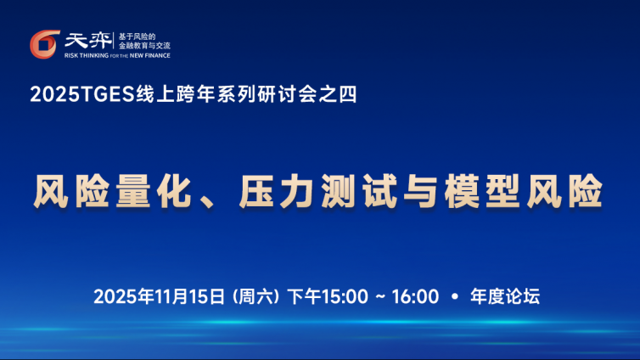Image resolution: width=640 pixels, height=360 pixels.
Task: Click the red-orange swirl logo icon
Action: click(44, 44)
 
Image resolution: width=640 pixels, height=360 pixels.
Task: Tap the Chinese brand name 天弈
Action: click(87, 41)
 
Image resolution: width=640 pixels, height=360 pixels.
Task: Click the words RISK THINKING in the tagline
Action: click(87, 55)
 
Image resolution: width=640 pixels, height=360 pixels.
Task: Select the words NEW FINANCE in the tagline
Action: click(149, 55)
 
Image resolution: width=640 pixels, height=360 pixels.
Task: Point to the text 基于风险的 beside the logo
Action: click(138, 37)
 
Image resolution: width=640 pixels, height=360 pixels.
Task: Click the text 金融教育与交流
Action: click(144, 46)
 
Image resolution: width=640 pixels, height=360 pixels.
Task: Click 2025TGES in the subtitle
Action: click(82, 94)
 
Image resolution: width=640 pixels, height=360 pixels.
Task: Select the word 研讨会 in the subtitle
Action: click(287, 94)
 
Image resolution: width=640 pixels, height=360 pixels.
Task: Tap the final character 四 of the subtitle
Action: click(348, 94)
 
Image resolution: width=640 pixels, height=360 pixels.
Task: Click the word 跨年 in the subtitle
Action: click(196, 94)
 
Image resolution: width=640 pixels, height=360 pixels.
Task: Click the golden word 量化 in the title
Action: click(154, 191)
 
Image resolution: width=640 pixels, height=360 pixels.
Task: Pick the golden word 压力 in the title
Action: click(277, 191)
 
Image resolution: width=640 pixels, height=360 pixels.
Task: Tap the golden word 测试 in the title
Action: click(359, 191)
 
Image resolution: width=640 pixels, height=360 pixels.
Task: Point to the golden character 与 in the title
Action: click(420, 191)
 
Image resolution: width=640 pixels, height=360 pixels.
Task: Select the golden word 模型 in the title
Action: click(482, 191)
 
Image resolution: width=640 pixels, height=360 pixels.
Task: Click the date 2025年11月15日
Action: click(160, 296)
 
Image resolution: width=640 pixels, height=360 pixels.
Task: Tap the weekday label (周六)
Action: click(255, 296)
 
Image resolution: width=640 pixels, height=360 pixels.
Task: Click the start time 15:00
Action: click(345, 296)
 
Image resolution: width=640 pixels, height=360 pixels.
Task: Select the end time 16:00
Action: click(416, 296)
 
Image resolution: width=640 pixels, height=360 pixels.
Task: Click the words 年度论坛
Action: click(505, 296)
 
